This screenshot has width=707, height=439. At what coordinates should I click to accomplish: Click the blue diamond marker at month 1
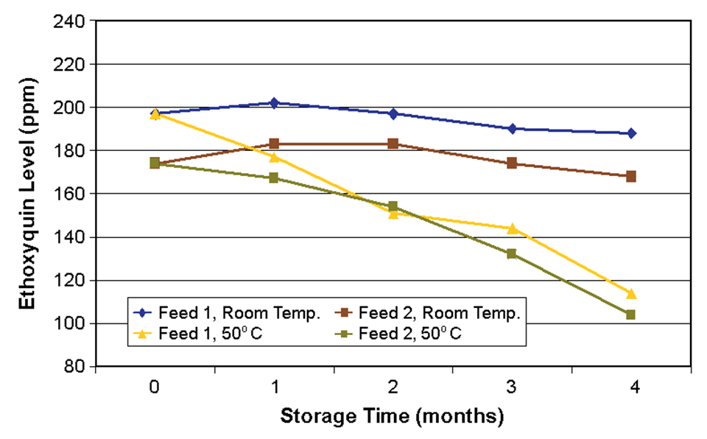[x=274, y=103]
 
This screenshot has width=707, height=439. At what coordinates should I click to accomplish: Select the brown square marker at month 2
[x=393, y=144]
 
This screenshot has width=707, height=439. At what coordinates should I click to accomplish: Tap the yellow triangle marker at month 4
[x=630, y=293]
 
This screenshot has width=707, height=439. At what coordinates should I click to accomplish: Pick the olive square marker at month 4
[x=630, y=315]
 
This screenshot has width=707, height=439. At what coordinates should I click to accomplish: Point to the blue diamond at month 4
[x=631, y=133]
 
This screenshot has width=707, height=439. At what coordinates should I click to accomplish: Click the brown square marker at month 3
[x=512, y=164]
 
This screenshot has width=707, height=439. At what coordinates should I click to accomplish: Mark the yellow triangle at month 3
[x=512, y=228]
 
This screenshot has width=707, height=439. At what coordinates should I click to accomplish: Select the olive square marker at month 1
[x=274, y=178]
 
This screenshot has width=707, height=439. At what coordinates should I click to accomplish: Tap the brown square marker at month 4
[x=631, y=177]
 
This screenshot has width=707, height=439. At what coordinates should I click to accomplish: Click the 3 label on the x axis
[x=512, y=387]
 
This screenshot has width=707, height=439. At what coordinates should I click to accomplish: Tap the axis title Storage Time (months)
[x=392, y=416]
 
